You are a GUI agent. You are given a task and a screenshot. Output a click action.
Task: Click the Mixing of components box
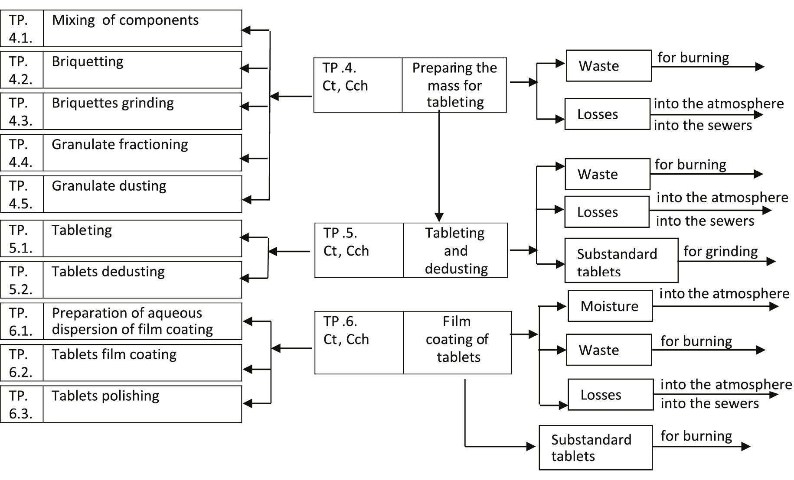click(142, 29)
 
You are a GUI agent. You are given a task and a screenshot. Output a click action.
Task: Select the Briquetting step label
click(88, 62)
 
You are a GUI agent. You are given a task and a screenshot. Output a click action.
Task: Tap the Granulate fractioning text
click(120, 144)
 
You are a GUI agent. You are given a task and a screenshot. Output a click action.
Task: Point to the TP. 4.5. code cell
click(21, 194)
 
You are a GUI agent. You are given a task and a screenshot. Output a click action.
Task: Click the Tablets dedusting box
click(142, 279)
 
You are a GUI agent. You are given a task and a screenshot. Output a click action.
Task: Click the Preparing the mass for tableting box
click(454, 85)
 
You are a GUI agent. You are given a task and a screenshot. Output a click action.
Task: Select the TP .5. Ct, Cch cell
click(359, 250)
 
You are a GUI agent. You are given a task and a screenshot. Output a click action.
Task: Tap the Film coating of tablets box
click(457, 342)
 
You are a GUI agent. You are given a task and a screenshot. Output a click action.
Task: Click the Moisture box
click(610, 306)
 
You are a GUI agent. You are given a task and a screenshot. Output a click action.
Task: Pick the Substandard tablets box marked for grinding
click(621, 260)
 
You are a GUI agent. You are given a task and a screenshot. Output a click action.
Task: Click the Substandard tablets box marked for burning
click(595, 448)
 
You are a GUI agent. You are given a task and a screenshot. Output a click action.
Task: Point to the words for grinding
click(720, 251)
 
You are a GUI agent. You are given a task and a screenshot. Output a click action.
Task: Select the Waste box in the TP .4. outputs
click(608, 66)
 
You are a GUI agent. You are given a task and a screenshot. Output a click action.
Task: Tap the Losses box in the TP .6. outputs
click(610, 395)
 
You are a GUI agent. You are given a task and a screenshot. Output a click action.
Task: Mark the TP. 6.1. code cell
click(21, 321)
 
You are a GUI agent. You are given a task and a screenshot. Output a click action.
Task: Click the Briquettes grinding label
click(113, 103)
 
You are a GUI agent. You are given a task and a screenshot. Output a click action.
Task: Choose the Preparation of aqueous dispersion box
click(142, 321)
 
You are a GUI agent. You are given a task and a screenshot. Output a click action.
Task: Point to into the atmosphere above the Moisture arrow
click(724, 294)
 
